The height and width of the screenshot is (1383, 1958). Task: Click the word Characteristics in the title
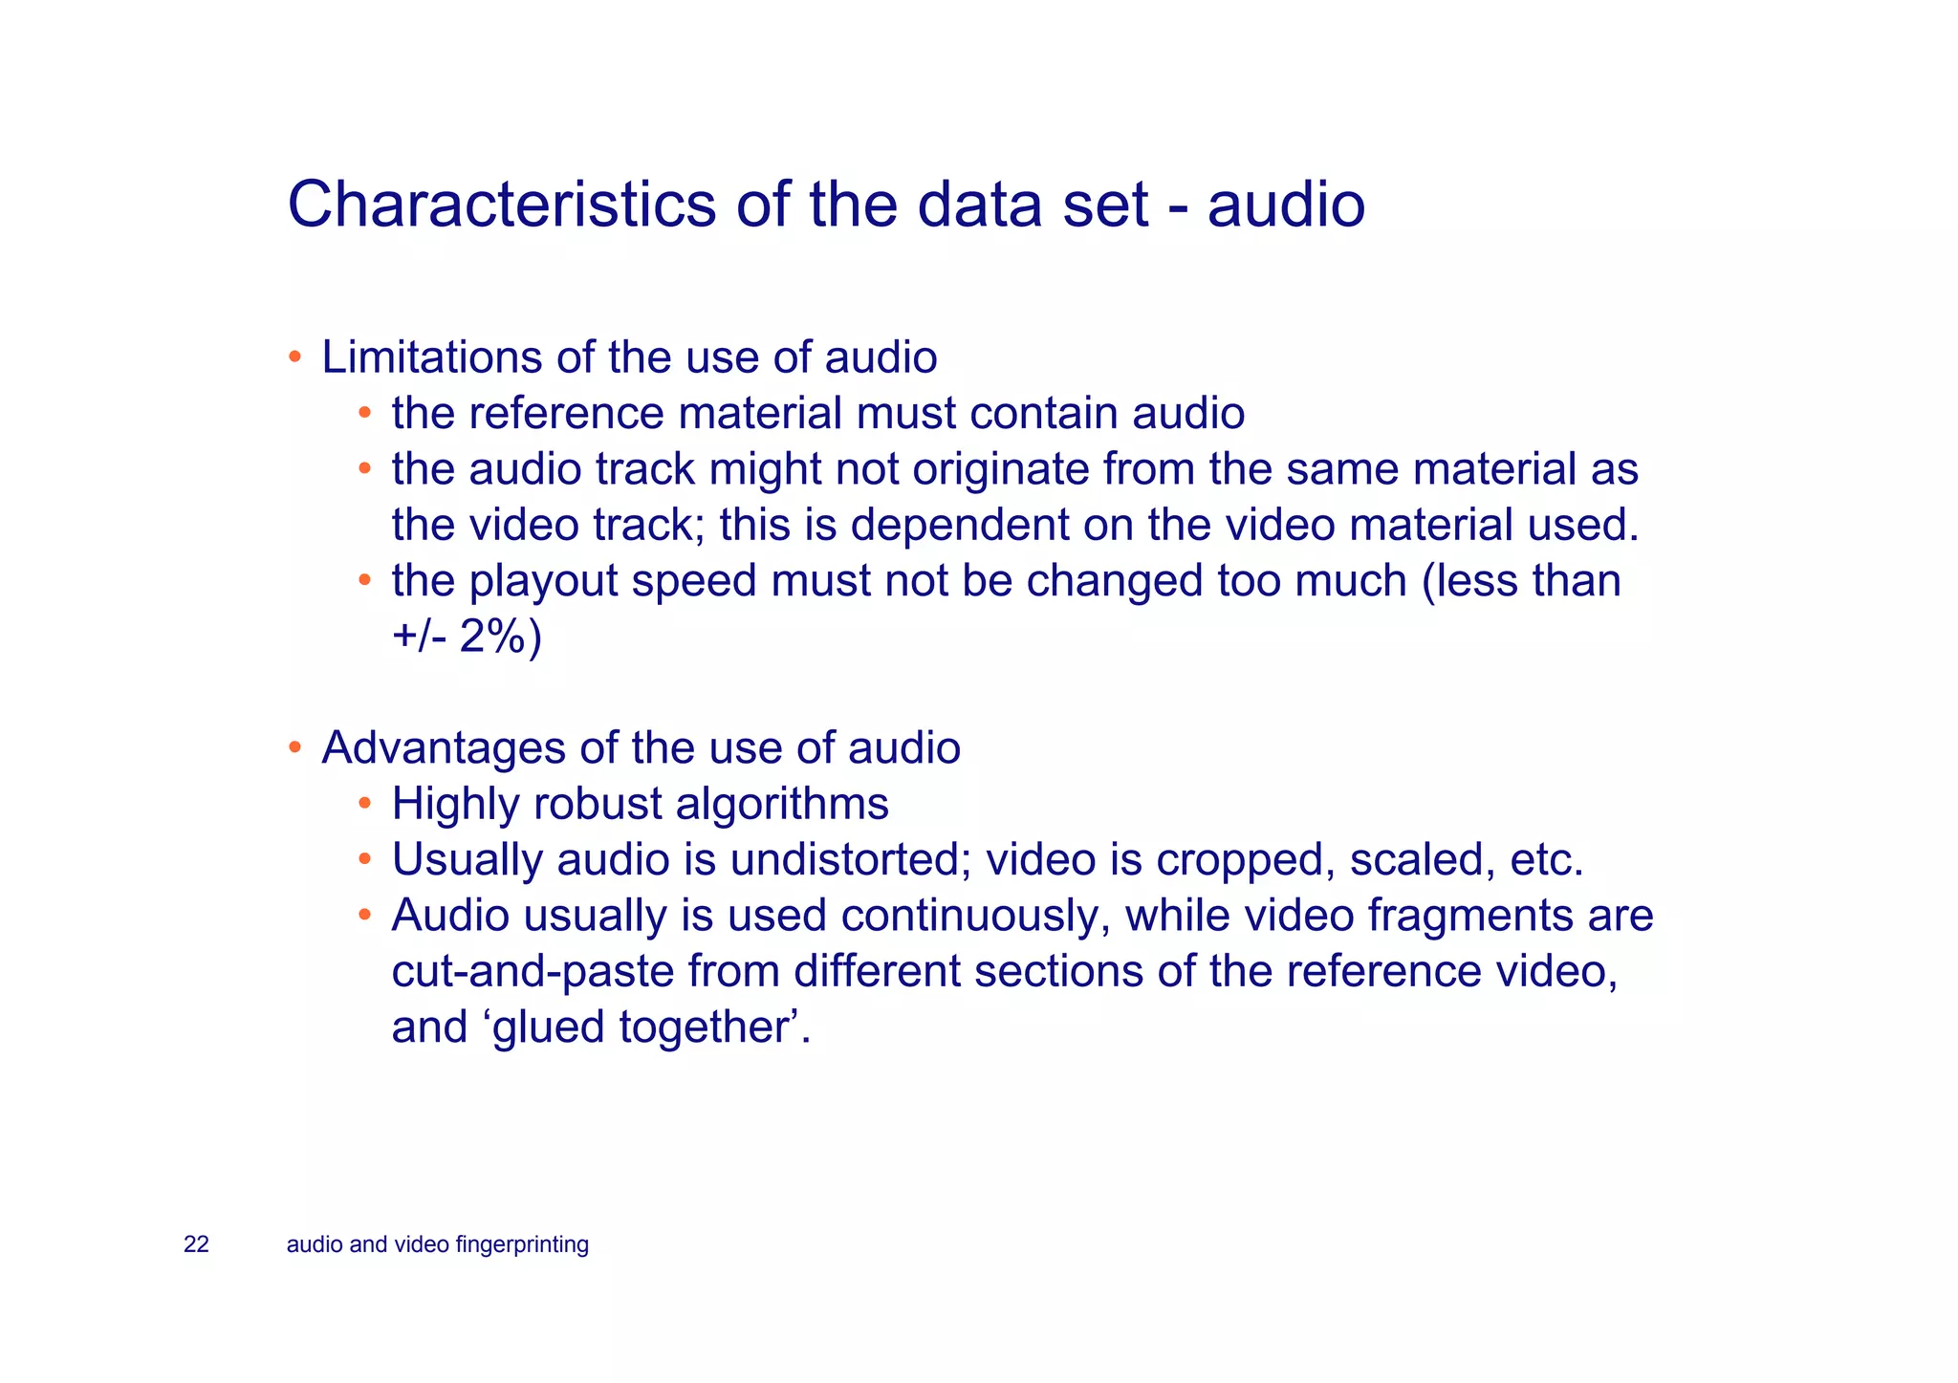pyautogui.click(x=501, y=205)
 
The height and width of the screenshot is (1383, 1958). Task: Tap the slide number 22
pyautogui.click(x=196, y=1244)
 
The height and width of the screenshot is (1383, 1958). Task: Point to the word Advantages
pyautogui.click(x=444, y=747)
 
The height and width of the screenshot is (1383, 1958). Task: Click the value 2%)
pyautogui.click(x=500, y=637)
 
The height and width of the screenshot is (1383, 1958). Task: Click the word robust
pyautogui.click(x=598, y=804)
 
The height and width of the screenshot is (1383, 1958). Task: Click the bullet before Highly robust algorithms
pyautogui.click(x=365, y=804)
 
